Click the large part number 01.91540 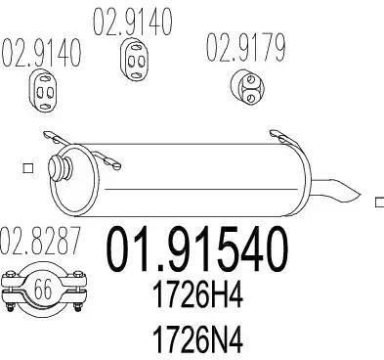[197, 249]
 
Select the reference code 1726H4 [197, 296]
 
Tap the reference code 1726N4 [197, 340]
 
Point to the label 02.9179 [245, 48]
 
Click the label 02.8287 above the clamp [40, 242]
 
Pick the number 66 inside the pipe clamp [43, 289]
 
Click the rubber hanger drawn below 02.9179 [247, 87]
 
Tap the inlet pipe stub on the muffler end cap [60, 167]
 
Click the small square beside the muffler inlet [28, 168]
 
